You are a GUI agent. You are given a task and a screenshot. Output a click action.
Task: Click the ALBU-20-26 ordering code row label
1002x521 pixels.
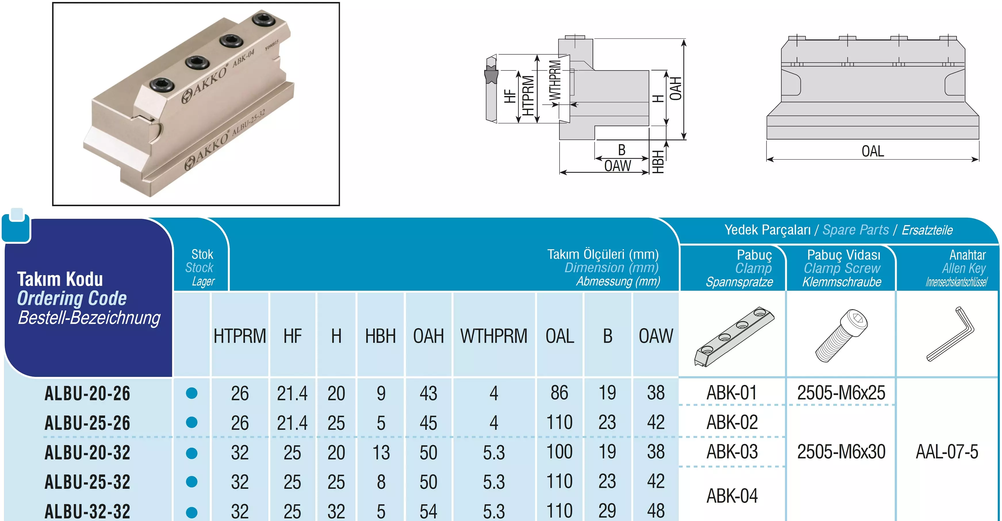coord(87,393)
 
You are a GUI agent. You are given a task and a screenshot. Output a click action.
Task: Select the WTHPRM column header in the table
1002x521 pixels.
coord(494,336)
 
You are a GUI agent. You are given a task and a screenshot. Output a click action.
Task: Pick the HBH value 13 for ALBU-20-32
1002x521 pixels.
coord(381,452)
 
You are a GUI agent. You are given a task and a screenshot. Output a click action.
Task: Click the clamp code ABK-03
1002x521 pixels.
coord(732,451)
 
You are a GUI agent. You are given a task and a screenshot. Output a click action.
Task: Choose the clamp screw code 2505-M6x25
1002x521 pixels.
coord(841,392)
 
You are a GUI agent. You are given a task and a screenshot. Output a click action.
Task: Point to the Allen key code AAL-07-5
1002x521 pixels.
coord(947,452)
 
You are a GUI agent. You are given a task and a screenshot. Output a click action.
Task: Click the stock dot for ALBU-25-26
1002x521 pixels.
coord(192,422)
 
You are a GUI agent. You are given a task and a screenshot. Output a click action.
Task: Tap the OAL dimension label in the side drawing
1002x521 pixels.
coord(873,151)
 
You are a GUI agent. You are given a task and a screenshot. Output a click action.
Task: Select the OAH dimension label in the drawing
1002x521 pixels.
coord(676,89)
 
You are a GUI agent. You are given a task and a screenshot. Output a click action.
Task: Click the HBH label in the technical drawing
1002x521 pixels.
coord(657,162)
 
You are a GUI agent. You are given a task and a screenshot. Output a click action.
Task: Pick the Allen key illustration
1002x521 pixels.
coord(950,334)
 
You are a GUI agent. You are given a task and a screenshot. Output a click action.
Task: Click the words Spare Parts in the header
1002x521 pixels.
coord(856,230)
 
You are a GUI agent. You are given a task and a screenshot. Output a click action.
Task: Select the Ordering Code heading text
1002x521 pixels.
coord(72,298)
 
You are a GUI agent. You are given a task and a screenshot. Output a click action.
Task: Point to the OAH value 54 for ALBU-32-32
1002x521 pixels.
coord(428,511)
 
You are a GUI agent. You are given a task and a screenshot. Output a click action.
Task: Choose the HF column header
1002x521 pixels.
coord(292,336)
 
